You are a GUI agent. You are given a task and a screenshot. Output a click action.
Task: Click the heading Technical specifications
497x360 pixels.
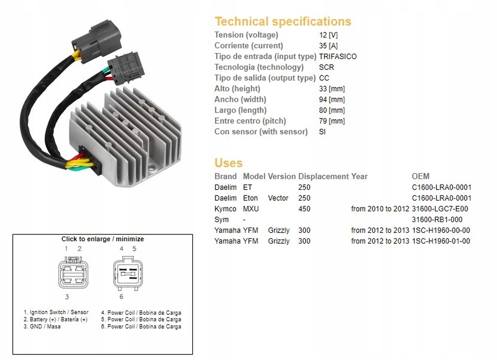283,22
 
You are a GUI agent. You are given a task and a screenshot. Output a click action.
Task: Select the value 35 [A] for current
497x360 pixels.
328,46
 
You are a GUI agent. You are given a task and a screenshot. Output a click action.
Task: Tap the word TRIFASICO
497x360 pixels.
338,57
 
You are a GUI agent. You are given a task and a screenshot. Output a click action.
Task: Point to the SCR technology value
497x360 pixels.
326,67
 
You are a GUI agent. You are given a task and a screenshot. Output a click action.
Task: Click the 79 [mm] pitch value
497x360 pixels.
332,121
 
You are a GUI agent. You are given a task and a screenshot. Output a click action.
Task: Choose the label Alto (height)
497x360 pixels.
237,89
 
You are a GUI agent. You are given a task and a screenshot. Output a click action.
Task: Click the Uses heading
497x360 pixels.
229,163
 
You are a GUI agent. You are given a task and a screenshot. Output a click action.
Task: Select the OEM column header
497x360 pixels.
420,176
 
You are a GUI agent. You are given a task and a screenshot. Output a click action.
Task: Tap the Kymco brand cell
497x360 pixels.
225,209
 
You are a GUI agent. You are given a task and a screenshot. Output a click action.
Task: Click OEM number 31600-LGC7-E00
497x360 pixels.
440,209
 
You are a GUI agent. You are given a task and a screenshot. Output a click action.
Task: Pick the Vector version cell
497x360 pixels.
278,198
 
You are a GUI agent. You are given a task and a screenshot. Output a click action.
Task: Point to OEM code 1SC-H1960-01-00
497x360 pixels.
441,241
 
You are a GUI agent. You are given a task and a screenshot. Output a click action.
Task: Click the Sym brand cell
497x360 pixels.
222,220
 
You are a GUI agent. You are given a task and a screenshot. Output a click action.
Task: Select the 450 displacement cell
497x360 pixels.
304,209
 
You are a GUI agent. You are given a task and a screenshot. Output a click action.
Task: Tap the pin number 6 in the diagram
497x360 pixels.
121,297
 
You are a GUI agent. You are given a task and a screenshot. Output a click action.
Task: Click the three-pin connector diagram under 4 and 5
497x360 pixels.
128,274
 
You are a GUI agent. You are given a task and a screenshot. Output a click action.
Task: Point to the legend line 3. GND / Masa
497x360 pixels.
42,326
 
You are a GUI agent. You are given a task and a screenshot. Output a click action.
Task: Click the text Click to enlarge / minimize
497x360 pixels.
103,239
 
